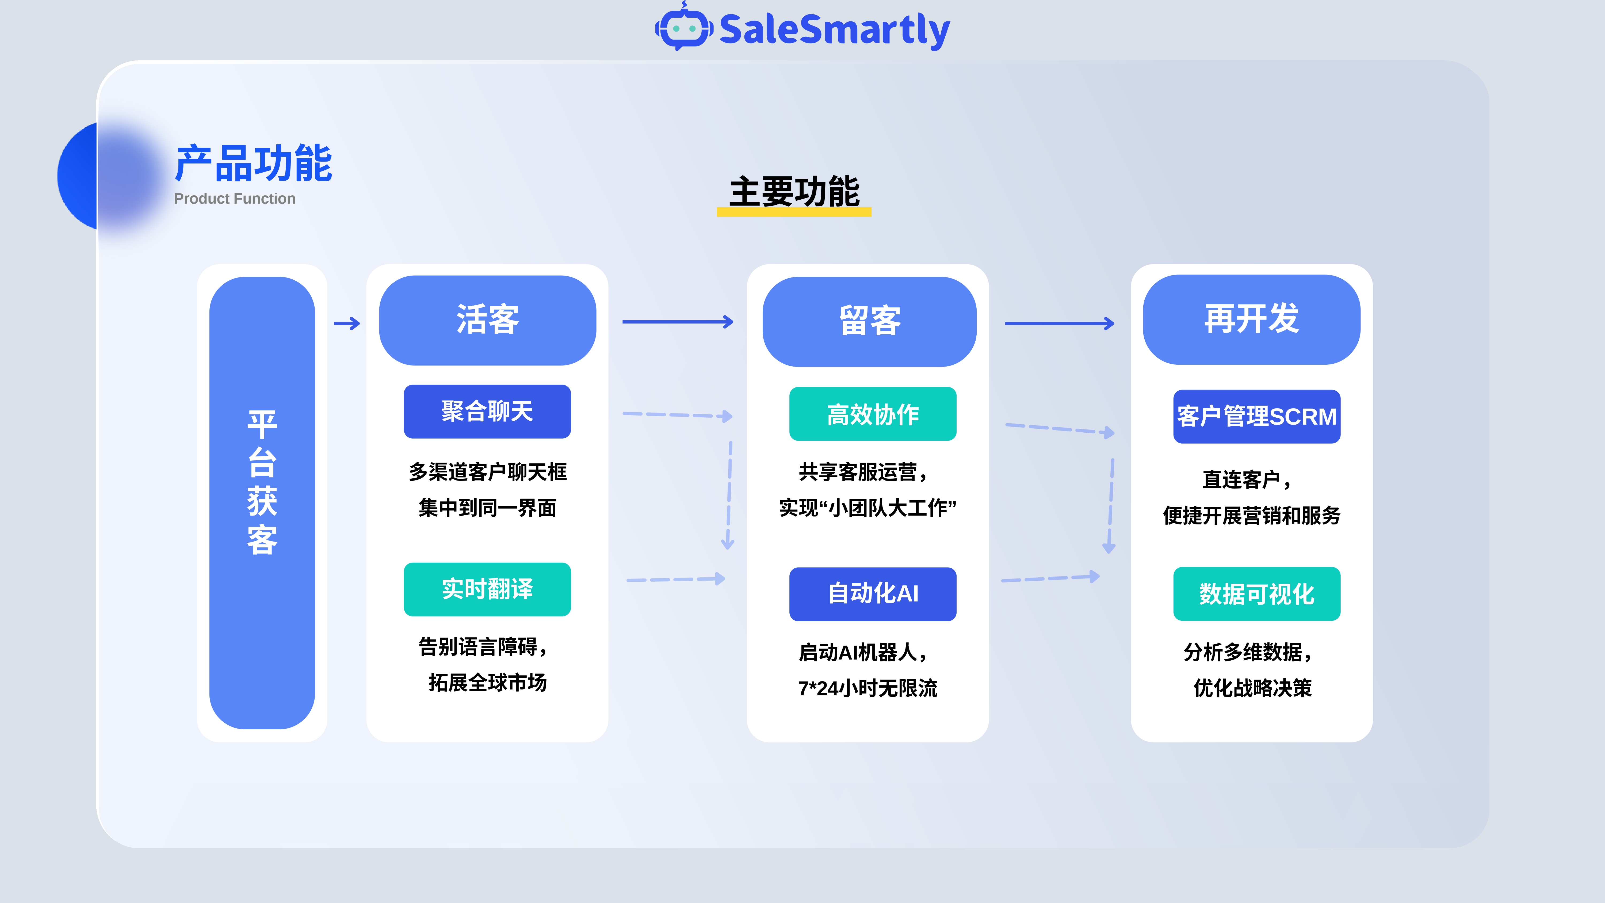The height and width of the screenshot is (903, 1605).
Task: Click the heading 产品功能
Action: tap(254, 163)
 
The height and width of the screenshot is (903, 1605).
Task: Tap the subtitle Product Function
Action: tap(235, 199)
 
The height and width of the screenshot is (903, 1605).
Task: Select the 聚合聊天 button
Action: tap(487, 411)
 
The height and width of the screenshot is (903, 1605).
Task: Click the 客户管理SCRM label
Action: tap(1257, 416)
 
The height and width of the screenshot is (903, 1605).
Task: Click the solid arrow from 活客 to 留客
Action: tap(678, 322)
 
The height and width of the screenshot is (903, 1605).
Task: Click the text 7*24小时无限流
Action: tap(867, 688)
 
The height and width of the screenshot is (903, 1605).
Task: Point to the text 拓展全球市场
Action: tap(487, 682)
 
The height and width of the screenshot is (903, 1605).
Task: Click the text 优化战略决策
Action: tap(1252, 688)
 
